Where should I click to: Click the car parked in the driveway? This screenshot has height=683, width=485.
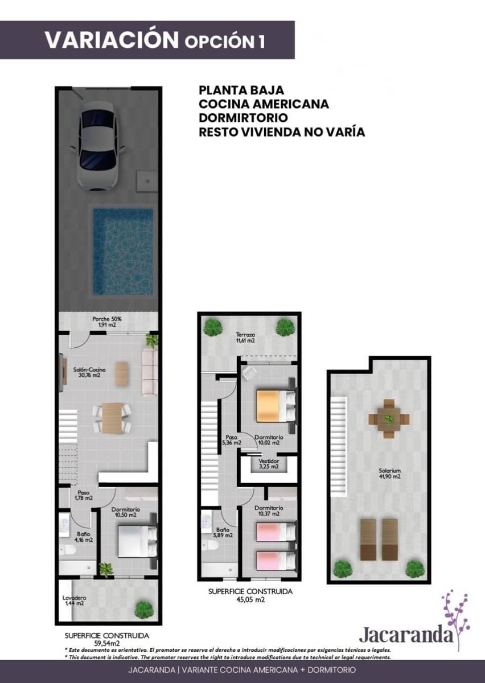coord(97,145)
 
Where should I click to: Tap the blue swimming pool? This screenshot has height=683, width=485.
coord(123,251)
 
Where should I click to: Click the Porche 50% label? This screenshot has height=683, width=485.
coord(106,322)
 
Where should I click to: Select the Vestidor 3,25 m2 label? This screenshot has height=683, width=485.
coord(268,463)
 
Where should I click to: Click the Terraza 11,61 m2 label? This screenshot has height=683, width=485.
coord(245,338)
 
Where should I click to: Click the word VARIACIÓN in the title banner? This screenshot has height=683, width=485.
coord(112,40)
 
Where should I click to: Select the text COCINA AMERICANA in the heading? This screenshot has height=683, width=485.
coord(264,104)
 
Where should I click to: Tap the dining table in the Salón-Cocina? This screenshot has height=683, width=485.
coord(112,418)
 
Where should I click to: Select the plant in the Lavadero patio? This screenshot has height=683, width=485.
coord(143,610)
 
